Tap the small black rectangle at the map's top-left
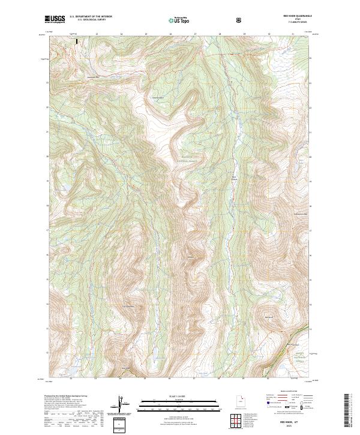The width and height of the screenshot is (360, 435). [77, 41]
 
